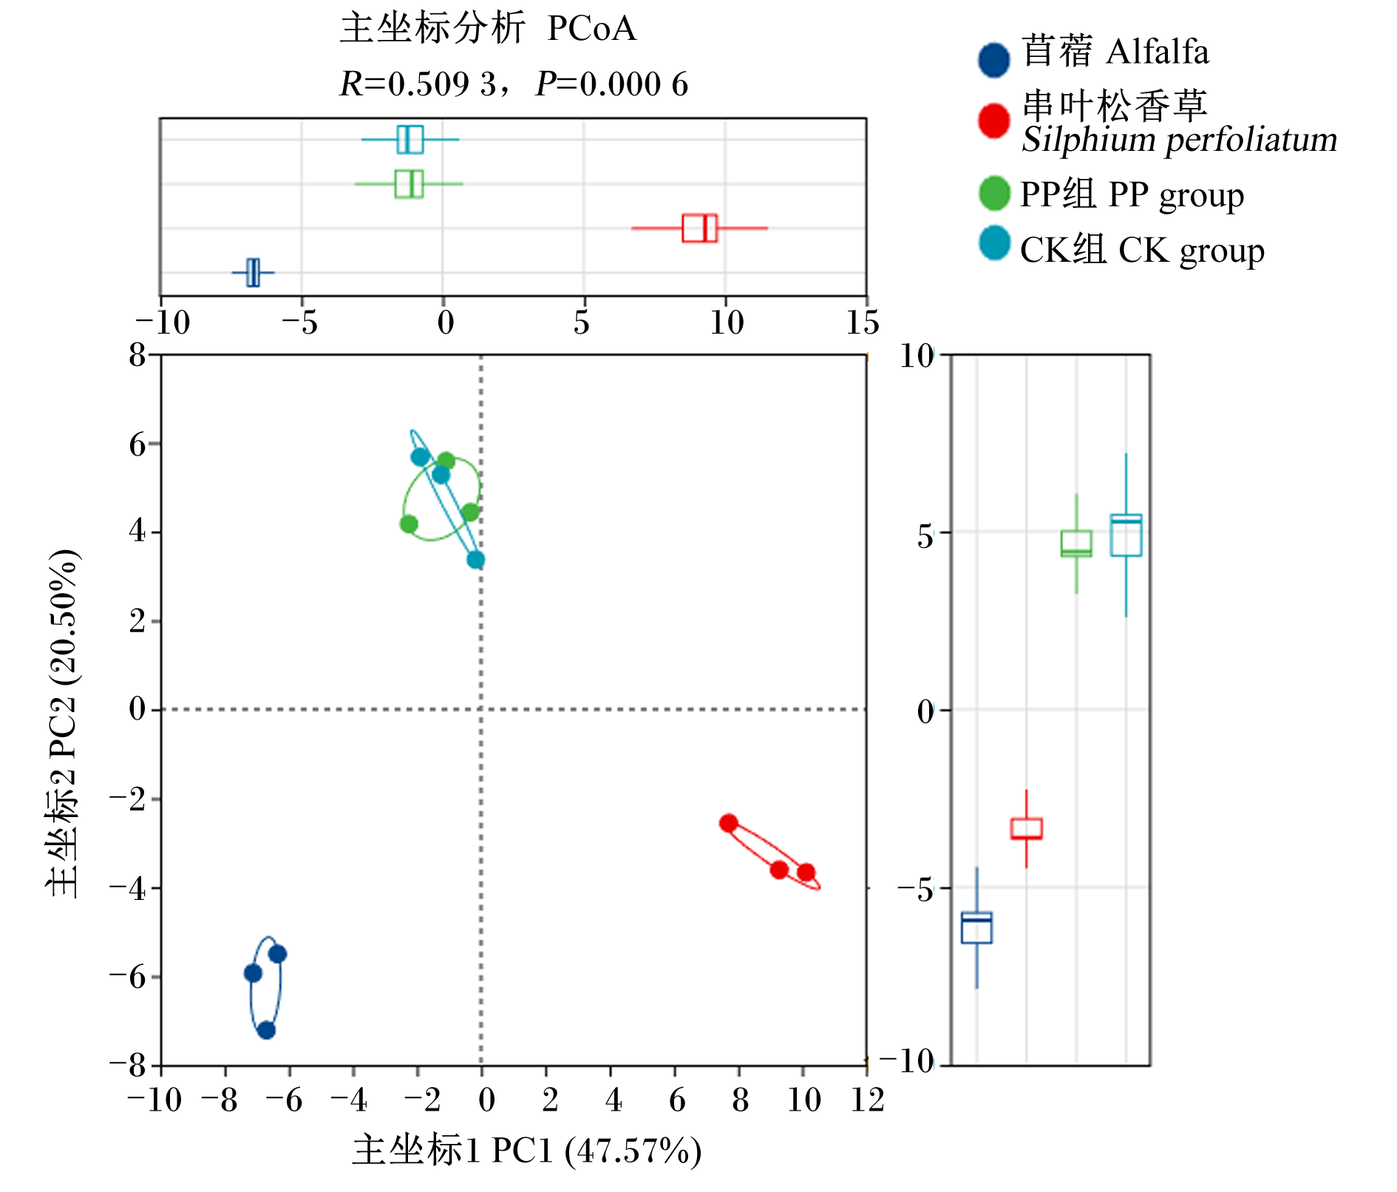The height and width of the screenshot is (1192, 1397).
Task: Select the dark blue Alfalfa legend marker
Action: click(x=993, y=60)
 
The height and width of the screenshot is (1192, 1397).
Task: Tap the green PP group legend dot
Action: click(x=993, y=193)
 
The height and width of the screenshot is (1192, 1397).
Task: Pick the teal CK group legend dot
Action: click(x=993, y=243)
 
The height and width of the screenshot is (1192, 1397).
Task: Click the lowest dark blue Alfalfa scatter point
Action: click(x=266, y=1030)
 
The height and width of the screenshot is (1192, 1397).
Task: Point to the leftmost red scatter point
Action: click(x=729, y=823)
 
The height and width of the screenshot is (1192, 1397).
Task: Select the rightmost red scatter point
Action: click(x=806, y=873)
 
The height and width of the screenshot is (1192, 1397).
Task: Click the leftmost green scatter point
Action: click(x=409, y=524)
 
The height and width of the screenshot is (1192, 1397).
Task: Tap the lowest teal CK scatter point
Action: click(x=476, y=560)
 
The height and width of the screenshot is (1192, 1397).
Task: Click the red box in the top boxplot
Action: click(x=699, y=228)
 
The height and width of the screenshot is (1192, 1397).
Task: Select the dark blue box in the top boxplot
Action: click(x=253, y=273)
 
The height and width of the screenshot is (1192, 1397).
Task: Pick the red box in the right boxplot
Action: click(x=1027, y=828)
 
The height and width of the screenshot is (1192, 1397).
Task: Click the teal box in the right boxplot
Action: click(x=1126, y=535)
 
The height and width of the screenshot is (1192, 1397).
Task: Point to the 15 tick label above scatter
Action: click(x=863, y=322)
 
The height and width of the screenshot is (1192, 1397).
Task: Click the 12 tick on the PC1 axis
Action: click(x=867, y=1100)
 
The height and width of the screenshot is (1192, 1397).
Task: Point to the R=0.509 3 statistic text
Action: click(x=418, y=84)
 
